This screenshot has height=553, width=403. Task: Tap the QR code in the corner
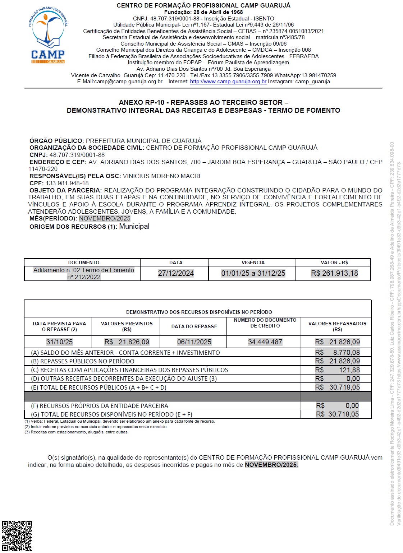(17, 536)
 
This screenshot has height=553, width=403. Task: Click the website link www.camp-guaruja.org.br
(228, 82)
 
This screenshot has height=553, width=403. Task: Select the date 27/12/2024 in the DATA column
(176, 273)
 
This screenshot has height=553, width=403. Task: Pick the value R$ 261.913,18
(334, 273)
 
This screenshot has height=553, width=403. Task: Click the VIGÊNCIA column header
(253, 262)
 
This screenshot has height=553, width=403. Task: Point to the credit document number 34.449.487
(265, 342)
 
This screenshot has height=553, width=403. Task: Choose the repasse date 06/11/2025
(194, 342)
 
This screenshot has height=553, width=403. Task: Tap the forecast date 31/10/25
(59, 342)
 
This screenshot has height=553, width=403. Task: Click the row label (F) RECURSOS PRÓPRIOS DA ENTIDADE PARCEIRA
(100, 406)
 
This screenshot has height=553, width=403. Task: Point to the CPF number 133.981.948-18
(67, 183)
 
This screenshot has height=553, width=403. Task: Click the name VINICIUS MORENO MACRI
(162, 176)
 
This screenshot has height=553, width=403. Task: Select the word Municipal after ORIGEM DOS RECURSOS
(134, 226)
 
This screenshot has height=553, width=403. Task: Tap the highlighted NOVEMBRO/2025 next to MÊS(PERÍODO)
(105, 218)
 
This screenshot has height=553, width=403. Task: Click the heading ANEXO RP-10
(142, 102)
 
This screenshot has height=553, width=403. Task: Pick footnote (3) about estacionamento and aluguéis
(77, 432)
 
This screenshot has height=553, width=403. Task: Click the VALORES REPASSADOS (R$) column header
(337, 326)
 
